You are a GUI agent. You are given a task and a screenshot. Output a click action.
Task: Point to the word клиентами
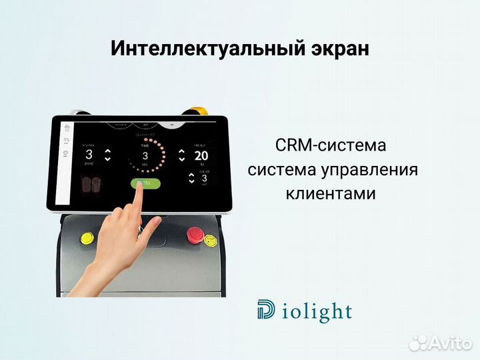point(330,193)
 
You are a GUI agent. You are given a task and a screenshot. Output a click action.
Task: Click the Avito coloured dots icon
point(417,343)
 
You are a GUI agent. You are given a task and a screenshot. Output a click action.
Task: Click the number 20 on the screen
point(201,156)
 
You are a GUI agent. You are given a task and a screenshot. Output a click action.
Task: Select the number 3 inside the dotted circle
point(145,155)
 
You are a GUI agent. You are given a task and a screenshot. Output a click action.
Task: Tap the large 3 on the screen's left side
point(89,155)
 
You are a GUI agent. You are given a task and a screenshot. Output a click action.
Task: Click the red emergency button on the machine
point(195,234)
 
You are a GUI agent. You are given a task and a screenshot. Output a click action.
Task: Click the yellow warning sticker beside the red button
point(211,239)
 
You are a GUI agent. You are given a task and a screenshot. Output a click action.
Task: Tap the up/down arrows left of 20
point(182,155)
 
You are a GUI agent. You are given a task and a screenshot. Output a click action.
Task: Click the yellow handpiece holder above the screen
point(197,111)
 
